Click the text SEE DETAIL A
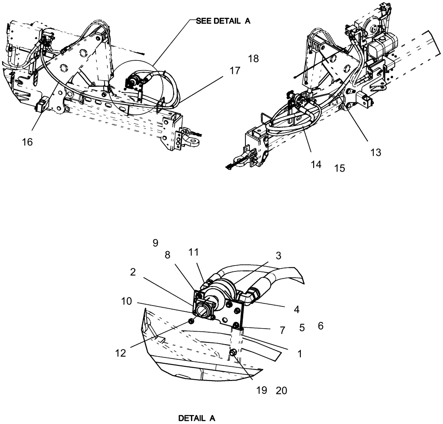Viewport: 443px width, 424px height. click(223, 20)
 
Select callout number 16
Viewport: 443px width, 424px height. click(27, 142)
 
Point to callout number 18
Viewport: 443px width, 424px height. click(253, 59)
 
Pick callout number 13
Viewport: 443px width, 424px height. click(376, 152)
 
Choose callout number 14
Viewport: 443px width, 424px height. click(316, 165)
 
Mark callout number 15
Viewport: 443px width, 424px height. click(339, 169)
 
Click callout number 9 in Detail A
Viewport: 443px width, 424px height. click(155, 243)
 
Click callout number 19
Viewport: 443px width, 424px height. click(261, 390)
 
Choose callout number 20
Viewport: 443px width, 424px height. click(281, 390)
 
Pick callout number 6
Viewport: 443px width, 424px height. click(320, 326)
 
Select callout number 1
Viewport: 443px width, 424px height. click(300, 354)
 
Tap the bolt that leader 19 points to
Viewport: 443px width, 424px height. click(232, 353)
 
